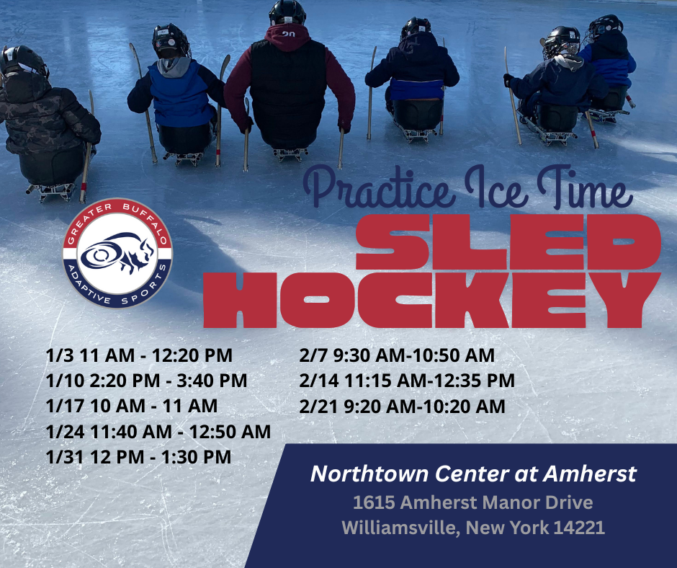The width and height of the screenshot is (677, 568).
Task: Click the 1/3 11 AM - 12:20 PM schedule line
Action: pyautogui.click(x=139, y=355)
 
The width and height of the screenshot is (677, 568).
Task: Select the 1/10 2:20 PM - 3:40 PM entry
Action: pyautogui.click(x=146, y=381)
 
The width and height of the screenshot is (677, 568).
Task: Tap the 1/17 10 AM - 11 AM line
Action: pyautogui.click(x=132, y=406)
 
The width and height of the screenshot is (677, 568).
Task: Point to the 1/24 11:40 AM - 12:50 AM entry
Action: pyautogui.click(x=158, y=431)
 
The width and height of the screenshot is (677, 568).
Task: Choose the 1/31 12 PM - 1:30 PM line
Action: pyautogui.click(x=138, y=457)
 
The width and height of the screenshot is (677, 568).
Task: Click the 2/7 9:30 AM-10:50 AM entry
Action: pyautogui.click(x=397, y=355)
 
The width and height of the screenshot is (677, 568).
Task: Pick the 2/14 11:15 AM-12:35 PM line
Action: pyautogui.click(x=407, y=381)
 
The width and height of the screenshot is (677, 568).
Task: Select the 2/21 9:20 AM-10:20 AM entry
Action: pyautogui.click(x=402, y=407)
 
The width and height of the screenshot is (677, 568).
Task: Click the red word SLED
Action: pyautogui.click(x=508, y=242)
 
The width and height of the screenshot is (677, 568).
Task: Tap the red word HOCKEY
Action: pyautogui.click(x=432, y=300)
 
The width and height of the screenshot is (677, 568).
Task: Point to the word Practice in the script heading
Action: pyautogui.click(x=379, y=187)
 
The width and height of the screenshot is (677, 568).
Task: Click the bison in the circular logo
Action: pyautogui.click(x=118, y=253)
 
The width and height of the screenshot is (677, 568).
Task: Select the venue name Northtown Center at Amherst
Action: pyautogui.click(x=474, y=474)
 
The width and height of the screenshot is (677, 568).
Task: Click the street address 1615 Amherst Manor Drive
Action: pyautogui.click(x=473, y=502)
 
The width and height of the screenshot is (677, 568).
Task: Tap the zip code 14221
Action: pyautogui.click(x=579, y=528)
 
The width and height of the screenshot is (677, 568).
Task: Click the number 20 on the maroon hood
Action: pyautogui.click(x=288, y=33)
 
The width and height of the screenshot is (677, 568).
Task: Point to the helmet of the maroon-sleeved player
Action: pyautogui.click(x=287, y=12)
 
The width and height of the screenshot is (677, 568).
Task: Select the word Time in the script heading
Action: pyautogui.click(x=585, y=187)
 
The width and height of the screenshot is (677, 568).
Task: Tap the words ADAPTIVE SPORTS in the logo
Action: pyautogui.click(x=117, y=289)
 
